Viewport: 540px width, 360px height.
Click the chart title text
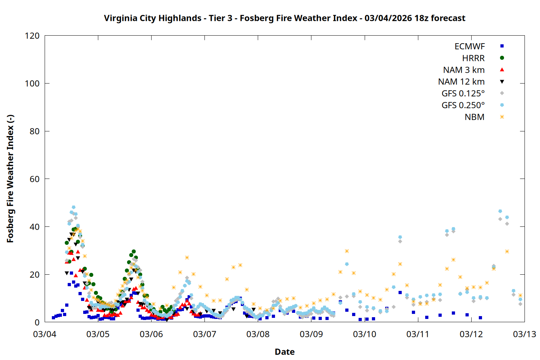pyautogui.click(x=284, y=18)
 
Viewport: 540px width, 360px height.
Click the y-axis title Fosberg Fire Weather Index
pyautogui.click(x=10, y=179)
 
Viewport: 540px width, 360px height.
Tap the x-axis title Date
pyautogui.click(x=284, y=352)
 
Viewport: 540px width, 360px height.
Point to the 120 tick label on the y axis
pyautogui.click(x=32, y=36)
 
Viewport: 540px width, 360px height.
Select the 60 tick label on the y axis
pyautogui.click(x=35, y=179)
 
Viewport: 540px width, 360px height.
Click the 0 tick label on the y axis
pyautogui.click(x=37, y=322)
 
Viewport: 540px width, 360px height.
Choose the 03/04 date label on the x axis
pyautogui.click(x=45, y=334)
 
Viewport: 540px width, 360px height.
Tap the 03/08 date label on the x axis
pyautogui.click(x=258, y=334)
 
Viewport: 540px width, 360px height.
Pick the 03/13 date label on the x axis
pyautogui.click(x=524, y=334)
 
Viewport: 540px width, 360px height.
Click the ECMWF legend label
pyautogui.click(x=469, y=46)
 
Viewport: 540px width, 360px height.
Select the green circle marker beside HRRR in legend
pyautogui.click(x=502, y=58)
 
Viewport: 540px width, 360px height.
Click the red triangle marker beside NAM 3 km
pyautogui.click(x=502, y=69)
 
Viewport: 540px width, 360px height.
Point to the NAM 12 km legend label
pyautogui.click(x=461, y=82)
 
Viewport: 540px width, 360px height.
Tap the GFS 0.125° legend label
pyautogui.click(x=463, y=94)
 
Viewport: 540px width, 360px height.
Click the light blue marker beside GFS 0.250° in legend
pyautogui.click(x=502, y=105)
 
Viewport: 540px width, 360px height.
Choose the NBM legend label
pyautogui.click(x=474, y=117)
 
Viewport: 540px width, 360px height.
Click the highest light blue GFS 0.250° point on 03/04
pyautogui.click(x=73, y=207)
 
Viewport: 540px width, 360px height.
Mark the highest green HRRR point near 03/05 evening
pyautogui.click(x=134, y=252)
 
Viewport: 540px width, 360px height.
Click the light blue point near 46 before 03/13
pyautogui.click(x=500, y=211)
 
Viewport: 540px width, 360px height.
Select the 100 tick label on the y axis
pyautogui.click(x=32, y=84)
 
